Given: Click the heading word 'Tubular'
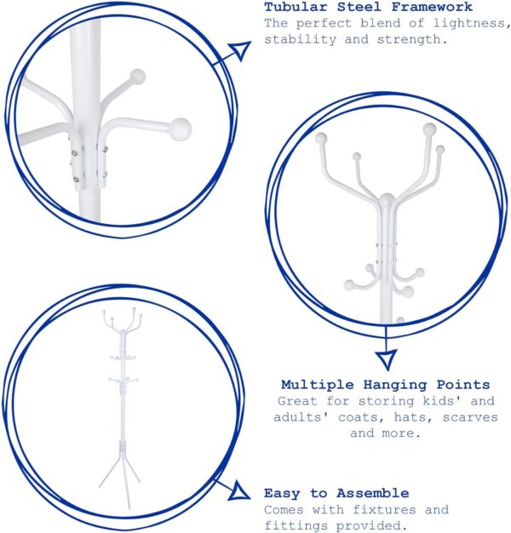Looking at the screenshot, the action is (296, 7).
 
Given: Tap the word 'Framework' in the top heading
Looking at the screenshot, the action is (432, 7).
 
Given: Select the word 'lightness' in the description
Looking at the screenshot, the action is (471, 24).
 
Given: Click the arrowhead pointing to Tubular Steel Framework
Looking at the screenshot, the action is (241, 50).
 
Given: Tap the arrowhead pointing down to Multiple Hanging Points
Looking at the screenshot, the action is (387, 359).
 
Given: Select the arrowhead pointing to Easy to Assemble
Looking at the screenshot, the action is (238, 491).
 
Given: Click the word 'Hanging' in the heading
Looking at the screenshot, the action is (394, 385).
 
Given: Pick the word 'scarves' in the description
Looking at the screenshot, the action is (470, 417).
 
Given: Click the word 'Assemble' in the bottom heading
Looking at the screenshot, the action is (373, 493).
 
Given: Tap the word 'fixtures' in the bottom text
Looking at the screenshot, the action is (384, 509).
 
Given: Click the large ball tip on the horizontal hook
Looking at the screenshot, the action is (181, 129).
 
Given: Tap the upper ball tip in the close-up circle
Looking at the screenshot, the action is (137, 77).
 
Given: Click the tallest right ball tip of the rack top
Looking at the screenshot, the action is (429, 129).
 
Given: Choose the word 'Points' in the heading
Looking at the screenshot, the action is (463, 385).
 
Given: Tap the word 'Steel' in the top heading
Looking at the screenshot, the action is (359, 7).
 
